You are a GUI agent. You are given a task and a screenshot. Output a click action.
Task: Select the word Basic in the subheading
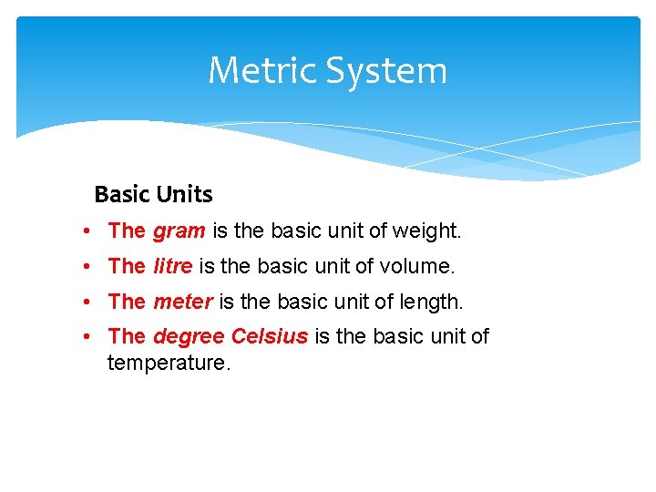coord(122,194)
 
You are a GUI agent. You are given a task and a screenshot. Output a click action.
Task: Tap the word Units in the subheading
coord(184,194)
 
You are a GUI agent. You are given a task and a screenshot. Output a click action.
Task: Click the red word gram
coord(179,231)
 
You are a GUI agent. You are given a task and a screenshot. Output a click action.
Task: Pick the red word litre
coord(173,266)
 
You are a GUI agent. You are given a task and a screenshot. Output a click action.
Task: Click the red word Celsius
coord(270,336)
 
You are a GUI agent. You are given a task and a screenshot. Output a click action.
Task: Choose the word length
coord(431,301)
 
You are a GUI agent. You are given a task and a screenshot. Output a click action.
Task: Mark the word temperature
coord(169,363)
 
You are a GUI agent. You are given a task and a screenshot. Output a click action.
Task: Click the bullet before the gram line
coord(84,231)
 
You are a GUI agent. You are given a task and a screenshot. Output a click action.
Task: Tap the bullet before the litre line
coord(84,266)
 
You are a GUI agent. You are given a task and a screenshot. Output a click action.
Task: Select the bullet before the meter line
coord(84,301)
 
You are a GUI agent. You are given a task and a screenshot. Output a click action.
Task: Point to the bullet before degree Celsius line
coord(84,336)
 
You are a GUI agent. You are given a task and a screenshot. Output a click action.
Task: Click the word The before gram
coord(127,231)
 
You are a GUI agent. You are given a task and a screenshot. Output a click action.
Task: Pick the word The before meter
coord(127,301)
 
